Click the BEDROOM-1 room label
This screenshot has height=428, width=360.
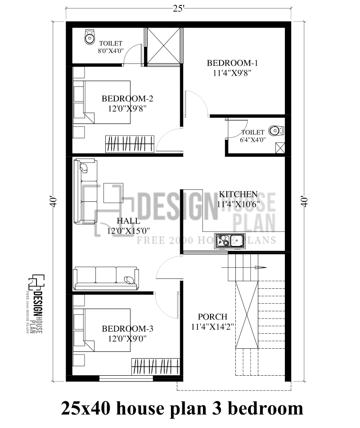tap(232, 63)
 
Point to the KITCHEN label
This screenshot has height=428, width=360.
tap(238, 194)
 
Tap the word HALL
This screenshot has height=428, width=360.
tap(128, 221)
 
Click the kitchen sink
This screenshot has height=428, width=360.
tap(229, 241)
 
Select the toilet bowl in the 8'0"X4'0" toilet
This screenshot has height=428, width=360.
tap(89, 37)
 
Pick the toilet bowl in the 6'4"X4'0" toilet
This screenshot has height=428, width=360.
tap(275, 131)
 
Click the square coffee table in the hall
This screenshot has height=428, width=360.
tap(113, 193)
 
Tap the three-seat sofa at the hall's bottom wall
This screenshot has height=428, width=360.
tap(106, 278)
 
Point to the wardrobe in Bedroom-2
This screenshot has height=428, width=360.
tap(130, 143)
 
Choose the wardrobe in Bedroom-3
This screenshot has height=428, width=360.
tap(156, 366)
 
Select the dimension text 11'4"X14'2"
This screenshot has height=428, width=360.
tap(212, 327)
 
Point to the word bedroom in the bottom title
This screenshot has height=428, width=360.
tap(266, 409)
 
